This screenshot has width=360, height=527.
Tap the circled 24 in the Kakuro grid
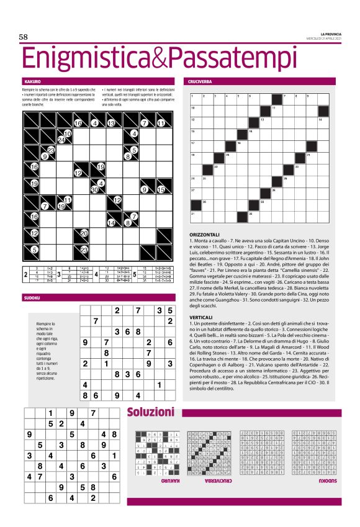pyautogui.click(x=61, y=140)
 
